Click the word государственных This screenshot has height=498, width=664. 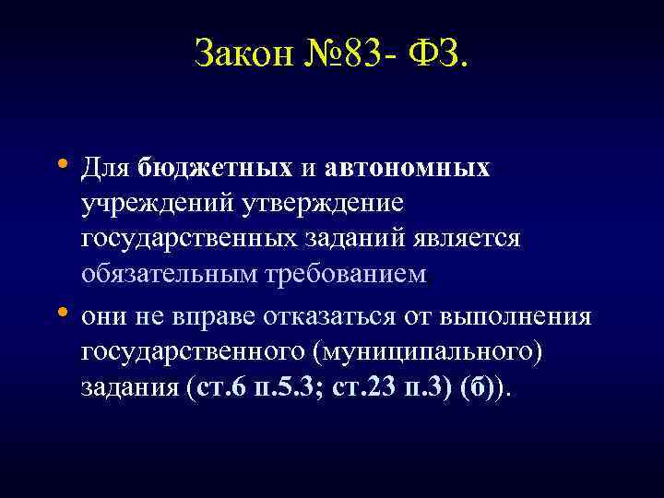[187, 239]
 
